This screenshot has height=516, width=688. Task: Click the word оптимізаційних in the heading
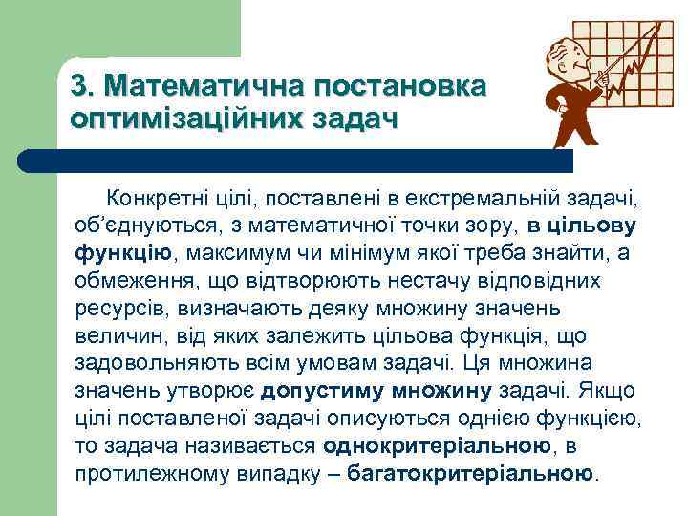coord(187,119)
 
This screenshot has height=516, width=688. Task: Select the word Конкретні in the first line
coord(154,198)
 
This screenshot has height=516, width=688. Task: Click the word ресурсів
coord(114,309)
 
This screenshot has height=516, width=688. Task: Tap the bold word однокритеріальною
coord(437,446)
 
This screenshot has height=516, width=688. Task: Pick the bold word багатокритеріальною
coord(470,474)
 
